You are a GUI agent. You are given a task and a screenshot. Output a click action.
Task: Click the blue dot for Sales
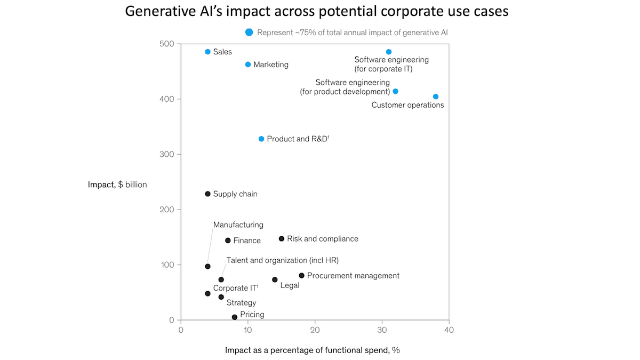(x=207, y=52)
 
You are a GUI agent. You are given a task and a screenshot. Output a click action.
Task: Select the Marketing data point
(x=248, y=65)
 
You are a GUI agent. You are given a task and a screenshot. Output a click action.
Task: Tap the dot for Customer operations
(x=436, y=97)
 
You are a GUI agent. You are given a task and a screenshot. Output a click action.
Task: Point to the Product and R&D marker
(x=261, y=139)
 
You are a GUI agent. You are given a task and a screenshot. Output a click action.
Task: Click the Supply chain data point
(x=207, y=194)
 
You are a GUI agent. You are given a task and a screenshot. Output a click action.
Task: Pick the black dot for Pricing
(x=235, y=317)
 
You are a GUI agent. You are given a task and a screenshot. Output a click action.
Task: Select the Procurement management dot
(x=302, y=276)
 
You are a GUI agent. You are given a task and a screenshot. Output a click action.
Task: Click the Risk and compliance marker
(x=282, y=238)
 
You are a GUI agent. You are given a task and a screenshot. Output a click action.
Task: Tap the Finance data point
(x=228, y=241)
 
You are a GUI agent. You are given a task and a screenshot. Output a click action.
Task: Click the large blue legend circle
(x=249, y=33)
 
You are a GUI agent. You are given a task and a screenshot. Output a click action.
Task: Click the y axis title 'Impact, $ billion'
(x=117, y=185)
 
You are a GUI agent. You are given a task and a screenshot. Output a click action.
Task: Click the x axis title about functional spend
(x=313, y=350)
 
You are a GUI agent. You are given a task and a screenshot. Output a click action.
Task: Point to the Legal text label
(x=290, y=285)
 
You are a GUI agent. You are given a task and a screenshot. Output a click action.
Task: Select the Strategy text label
(x=241, y=302)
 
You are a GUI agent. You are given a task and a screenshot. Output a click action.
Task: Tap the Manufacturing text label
(x=238, y=225)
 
